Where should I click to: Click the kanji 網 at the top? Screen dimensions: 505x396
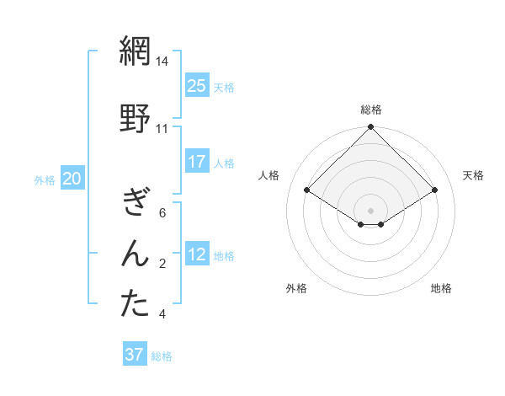[135, 52]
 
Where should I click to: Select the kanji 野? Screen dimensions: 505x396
[135, 119]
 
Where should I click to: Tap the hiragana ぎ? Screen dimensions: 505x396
[135, 201]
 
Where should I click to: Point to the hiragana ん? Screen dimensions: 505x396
[135, 254]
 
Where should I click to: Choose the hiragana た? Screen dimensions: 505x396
[135, 304]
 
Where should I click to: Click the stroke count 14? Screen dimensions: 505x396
[162, 62]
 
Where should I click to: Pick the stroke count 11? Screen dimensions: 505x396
[162, 129]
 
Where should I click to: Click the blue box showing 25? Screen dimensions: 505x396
[197, 86]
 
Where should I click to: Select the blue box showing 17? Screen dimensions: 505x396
[197, 162]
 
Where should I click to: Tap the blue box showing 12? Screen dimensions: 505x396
[197, 254]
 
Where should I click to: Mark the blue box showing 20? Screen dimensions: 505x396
[72, 179]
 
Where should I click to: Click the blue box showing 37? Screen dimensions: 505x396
[135, 355]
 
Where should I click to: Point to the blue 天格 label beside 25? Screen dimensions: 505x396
[224, 87]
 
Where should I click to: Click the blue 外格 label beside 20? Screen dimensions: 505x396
[45, 179]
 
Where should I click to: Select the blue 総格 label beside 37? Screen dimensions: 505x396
[162, 356]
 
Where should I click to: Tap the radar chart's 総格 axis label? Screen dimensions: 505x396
[371, 110]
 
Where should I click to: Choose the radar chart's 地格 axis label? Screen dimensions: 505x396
[441, 288]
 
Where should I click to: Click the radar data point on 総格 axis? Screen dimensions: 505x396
[370, 127]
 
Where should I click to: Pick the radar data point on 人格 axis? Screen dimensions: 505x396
[307, 191]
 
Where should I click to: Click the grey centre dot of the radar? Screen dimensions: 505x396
[370, 209]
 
